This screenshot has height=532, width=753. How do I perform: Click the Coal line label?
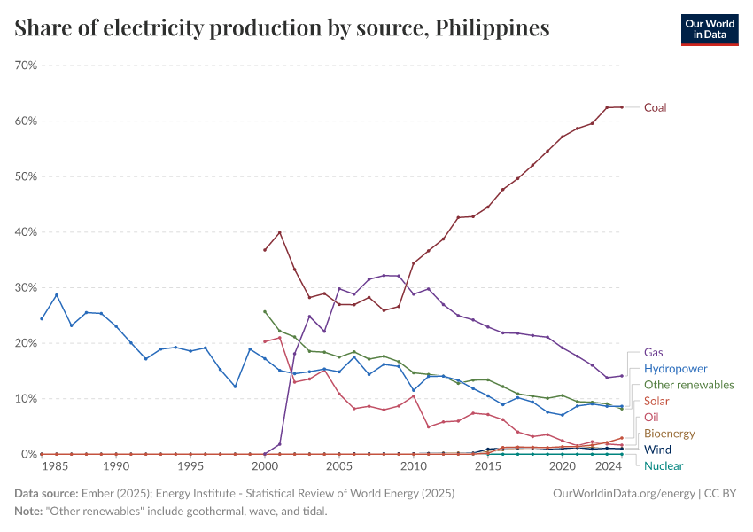coord(655,107)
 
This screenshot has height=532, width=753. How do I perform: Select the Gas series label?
coord(654,352)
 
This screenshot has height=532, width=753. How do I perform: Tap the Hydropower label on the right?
coord(675,368)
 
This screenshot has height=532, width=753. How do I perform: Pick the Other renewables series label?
coord(688,385)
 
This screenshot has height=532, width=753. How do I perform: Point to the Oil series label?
coord(651,417)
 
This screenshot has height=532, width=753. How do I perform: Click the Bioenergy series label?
coord(670,433)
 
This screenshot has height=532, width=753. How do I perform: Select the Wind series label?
coord(658,450)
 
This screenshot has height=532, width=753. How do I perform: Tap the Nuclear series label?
coord(664,465)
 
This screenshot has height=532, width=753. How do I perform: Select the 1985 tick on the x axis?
coord(56,466)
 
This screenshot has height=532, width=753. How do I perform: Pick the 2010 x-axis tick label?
coord(413,466)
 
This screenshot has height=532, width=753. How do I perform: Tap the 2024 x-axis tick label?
coord(607,466)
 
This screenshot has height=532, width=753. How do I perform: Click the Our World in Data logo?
coord(709,29)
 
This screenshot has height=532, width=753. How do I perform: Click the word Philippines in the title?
coord(493,28)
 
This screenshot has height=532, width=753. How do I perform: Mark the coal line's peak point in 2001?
coord(280,232)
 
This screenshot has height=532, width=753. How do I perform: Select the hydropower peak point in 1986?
coord(57,295)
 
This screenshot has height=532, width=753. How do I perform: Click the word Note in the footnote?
coord(28,512)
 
